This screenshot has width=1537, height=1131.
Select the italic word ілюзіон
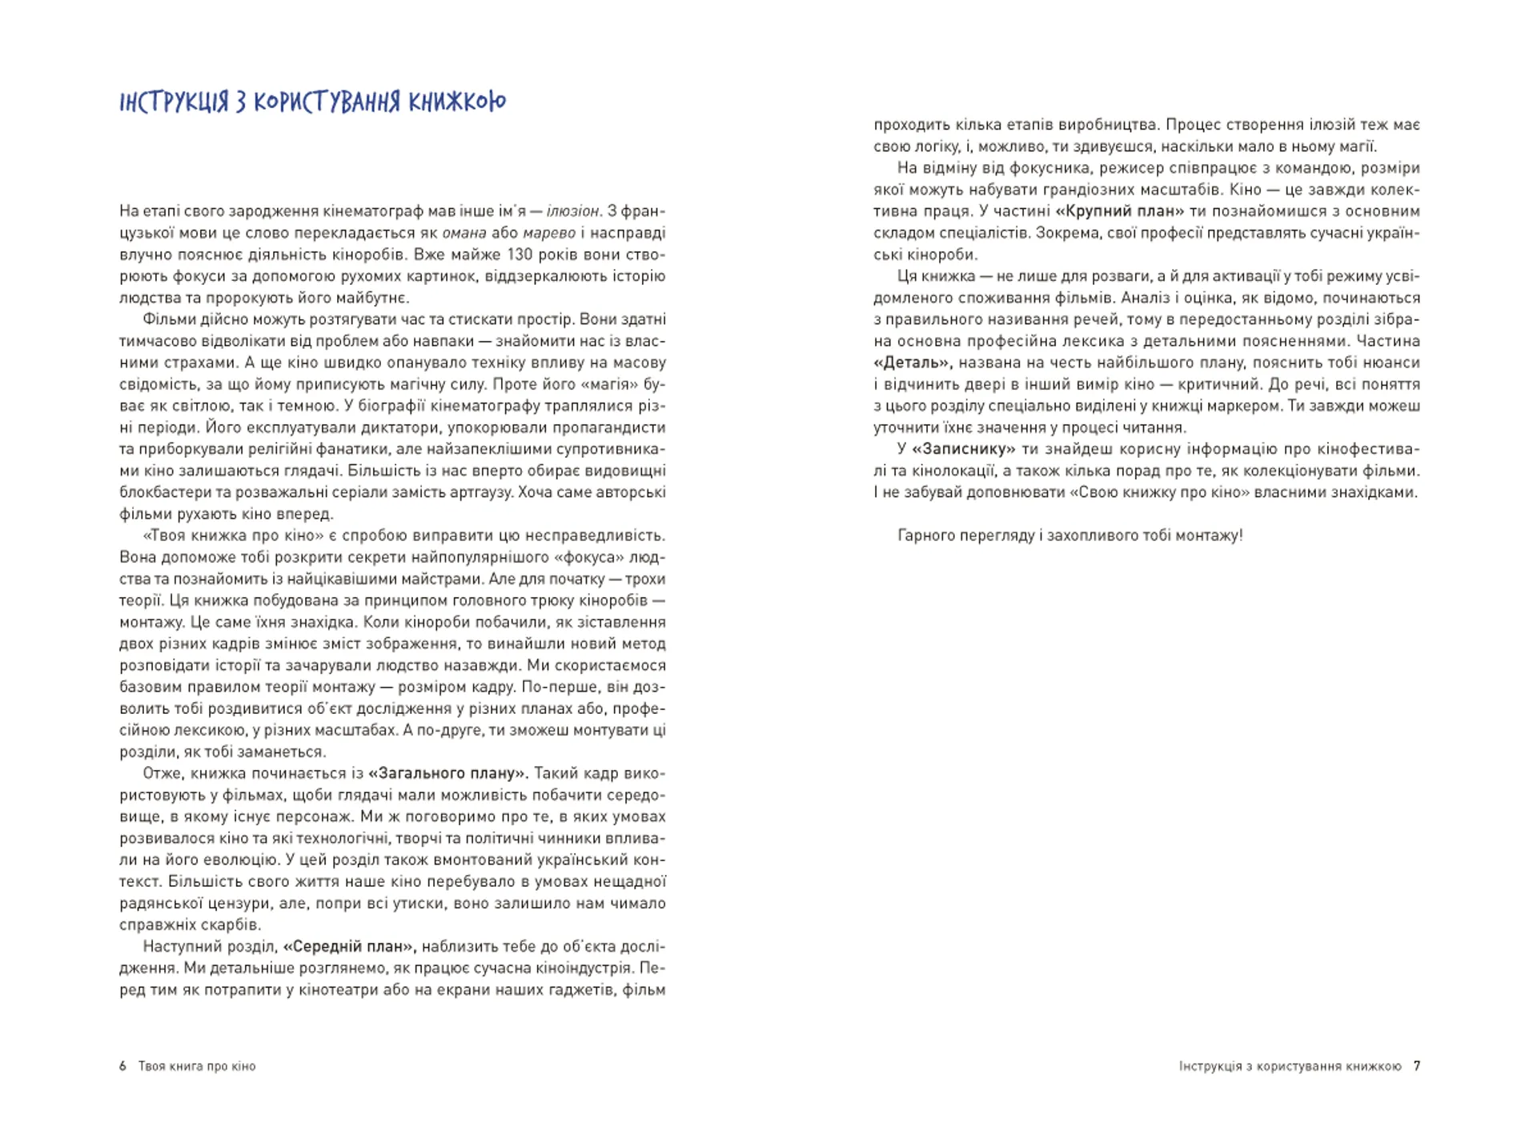click(x=572, y=211)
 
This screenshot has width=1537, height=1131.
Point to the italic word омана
click(x=464, y=233)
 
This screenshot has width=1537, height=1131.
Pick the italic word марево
click(x=550, y=233)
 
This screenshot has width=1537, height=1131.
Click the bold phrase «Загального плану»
click(x=447, y=773)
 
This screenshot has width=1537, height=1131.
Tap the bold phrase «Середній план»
click(x=349, y=946)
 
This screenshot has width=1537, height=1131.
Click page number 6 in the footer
click(x=123, y=1066)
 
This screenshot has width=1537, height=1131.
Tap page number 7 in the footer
click(x=1417, y=1066)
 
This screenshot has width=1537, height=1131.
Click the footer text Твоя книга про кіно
click(x=197, y=1066)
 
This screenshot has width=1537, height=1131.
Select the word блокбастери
click(x=159, y=492)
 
